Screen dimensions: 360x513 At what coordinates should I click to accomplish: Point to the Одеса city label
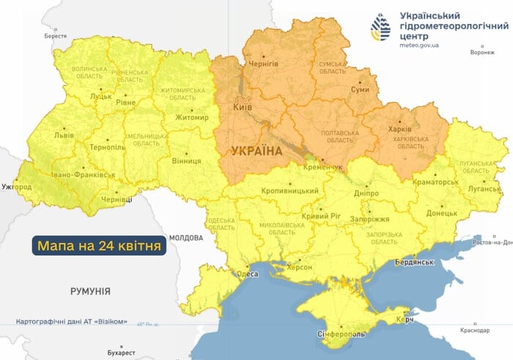point(247,273)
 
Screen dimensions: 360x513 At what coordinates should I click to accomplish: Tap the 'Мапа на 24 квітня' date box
point(97,245)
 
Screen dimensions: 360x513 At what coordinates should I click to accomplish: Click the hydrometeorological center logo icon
point(381,29)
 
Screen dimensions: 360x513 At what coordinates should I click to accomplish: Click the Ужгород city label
point(16,187)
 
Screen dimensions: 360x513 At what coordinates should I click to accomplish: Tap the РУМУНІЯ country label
point(90,291)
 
